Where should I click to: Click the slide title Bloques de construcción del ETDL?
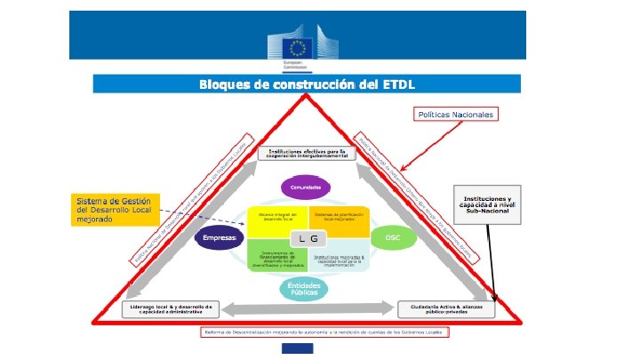pos(308,84)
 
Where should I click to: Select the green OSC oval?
pos(392,239)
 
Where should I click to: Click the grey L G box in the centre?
pos(308,239)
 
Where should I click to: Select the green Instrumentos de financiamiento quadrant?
pos(276,258)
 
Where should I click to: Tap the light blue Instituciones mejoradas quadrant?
pos(339,258)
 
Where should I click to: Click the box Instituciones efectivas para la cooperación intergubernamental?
pos(307,153)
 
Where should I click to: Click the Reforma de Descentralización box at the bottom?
pos(324,332)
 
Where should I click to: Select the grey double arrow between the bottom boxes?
pos(308,308)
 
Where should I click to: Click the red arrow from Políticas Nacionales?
pos(428,144)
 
